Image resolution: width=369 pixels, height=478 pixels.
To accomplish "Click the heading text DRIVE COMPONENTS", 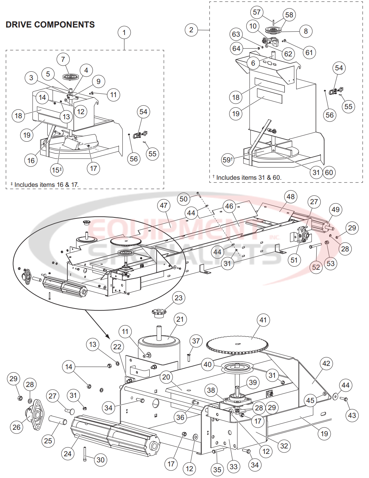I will click(50, 25).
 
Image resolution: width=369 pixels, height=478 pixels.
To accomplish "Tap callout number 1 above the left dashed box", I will click(124, 33).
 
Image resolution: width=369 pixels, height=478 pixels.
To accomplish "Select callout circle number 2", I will click(191, 30).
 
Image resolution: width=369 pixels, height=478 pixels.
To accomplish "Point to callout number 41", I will click(263, 320).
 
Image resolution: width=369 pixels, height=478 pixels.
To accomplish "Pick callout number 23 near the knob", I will click(179, 298).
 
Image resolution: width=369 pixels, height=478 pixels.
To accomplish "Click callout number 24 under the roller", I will click(68, 454).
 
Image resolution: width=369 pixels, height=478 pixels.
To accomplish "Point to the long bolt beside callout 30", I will click(85, 454).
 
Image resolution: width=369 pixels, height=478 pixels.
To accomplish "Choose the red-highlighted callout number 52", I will click(316, 267).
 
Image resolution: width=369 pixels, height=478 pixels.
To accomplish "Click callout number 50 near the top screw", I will click(184, 199).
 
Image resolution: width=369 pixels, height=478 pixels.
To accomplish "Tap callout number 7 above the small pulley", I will click(63, 59).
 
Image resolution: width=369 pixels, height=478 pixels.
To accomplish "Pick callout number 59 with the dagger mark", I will click(228, 160).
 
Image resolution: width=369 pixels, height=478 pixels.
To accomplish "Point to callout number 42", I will click(326, 364).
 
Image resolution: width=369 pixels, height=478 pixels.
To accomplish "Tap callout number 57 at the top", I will click(257, 13).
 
